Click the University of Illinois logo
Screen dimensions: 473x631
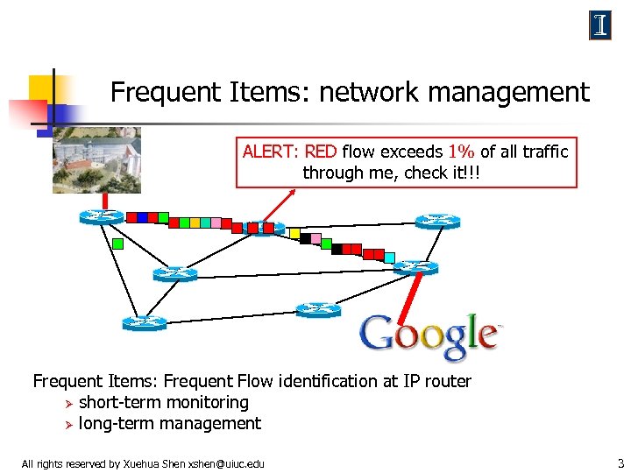(599, 26)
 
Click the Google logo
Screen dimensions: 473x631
(429, 335)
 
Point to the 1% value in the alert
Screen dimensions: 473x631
(463, 152)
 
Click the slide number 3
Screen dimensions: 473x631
(620, 462)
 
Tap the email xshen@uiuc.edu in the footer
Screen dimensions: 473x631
(226, 463)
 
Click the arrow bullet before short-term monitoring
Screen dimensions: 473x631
(67, 403)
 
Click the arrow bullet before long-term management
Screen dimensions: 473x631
(67, 424)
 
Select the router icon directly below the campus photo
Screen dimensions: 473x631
(101, 217)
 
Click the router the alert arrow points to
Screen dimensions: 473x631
(263, 229)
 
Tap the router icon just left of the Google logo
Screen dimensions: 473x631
(318, 309)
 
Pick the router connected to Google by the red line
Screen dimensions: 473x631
(415, 267)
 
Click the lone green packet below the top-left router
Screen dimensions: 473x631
(117, 244)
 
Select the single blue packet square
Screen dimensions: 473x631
(131, 216)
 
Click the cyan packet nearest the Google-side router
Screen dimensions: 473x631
(389, 258)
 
